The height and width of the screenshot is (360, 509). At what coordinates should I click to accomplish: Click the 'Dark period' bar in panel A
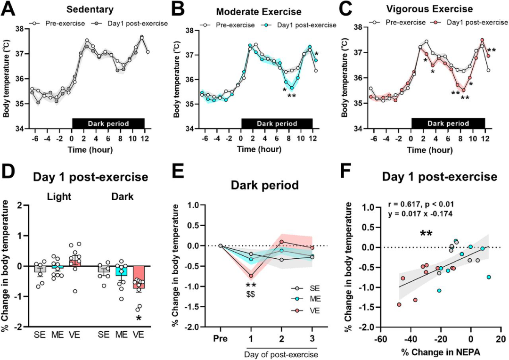tap(108, 123)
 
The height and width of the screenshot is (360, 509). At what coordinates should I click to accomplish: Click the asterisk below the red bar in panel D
tap(139, 319)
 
